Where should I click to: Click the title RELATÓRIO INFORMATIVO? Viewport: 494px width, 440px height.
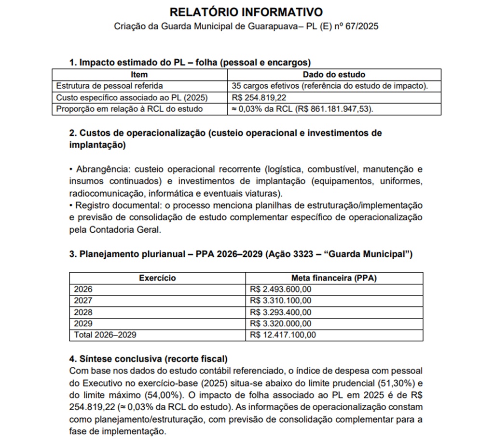(x=247, y=12)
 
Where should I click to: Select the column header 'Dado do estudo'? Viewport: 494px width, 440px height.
(x=334, y=75)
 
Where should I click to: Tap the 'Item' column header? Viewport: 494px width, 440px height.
(x=139, y=75)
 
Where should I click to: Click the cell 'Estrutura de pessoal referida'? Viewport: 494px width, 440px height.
(x=110, y=86)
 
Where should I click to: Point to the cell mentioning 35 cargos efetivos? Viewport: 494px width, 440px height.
(x=330, y=86)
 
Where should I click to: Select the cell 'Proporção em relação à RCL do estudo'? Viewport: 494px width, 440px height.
(x=129, y=109)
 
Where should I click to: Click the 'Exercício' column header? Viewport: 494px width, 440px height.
(x=157, y=278)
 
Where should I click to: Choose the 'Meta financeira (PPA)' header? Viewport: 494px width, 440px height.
(x=334, y=278)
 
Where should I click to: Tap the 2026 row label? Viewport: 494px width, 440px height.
(x=82, y=289)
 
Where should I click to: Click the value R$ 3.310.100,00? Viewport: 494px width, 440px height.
(x=281, y=301)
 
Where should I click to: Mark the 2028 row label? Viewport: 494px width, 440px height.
(x=82, y=312)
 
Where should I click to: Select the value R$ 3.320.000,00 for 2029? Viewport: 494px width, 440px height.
(x=281, y=323)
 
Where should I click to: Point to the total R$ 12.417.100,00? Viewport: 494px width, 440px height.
(x=283, y=334)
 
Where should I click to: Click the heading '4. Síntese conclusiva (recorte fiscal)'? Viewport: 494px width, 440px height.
(x=148, y=359)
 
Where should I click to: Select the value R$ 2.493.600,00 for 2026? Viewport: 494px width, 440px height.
(x=281, y=289)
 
